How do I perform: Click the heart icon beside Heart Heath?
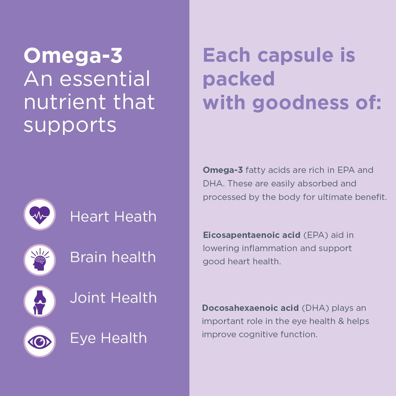pyautogui.click(x=40, y=214)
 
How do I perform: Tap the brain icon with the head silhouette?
pyautogui.click(x=40, y=260)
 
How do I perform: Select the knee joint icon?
pyautogui.click(x=40, y=301)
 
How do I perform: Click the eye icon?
pyautogui.click(x=40, y=342)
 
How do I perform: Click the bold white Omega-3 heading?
pyautogui.click(x=73, y=55)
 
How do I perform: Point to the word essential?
pyautogui.click(x=105, y=79)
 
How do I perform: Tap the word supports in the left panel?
pyautogui.click(x=70, y=125)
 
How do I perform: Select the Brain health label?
pyautogui.click(x=113, y=257)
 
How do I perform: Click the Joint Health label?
pyautogui.click(x=113, y=298)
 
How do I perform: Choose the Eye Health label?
pyautogui.click(x=108, y=338)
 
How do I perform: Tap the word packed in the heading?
pyautogui.click(x=239, y=79)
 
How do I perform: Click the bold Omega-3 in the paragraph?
pyautogui.click(x=223, y=170)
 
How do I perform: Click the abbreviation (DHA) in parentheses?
pyautogui.click(x=315, y=308)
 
